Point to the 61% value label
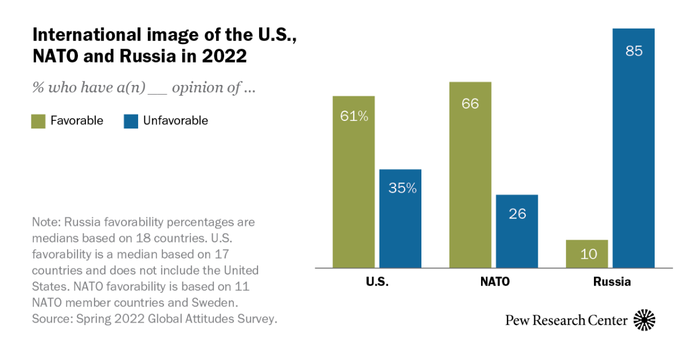click(354, 116)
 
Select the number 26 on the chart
click(517, 214)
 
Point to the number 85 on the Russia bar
click(634, 50)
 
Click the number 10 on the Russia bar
click(587, 254)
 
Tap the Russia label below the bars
click(611, 282)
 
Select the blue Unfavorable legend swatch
click(131, 121)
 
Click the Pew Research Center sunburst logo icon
click(644, 320)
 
